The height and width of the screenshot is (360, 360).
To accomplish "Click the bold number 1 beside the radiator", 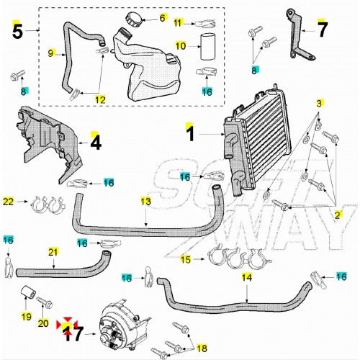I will [x=191, y=133].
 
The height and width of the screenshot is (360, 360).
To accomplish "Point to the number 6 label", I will [x=162, y=17].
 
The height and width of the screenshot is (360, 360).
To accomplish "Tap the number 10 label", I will [x=181, y=45].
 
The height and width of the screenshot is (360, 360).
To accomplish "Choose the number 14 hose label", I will [x=246, y=276].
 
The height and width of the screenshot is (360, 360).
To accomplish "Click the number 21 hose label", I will [x=52, y=251].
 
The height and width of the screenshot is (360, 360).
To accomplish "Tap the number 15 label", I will [x=186, y=258].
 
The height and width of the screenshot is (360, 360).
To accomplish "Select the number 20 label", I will [x=42, y=323].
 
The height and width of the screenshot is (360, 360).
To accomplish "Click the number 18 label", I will [x=201, y=348].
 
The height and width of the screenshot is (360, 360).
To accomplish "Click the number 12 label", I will [x=100, y=99].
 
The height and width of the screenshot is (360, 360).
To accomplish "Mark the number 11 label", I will [x=178, y=23].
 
